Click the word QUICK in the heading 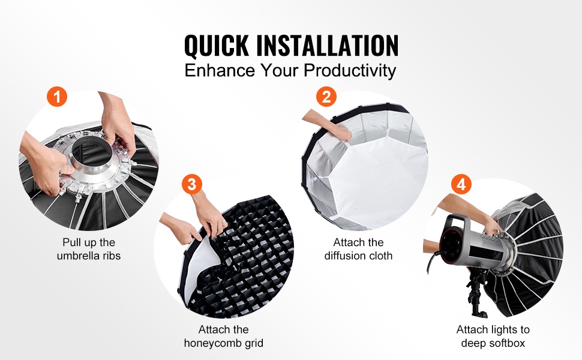(217, 46)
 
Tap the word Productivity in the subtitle (350, 71)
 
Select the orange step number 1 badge (57, 97)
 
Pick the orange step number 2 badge (326, 97)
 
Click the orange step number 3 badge (192, 184)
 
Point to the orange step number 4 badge (461, 184)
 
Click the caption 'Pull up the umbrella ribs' (89, 249)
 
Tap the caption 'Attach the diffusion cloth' (358, 249)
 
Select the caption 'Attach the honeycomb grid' (223, 336)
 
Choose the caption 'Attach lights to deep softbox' (493, 336)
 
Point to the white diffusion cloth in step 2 (379, 178)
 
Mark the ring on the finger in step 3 (224, 223)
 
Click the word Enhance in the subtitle (220, 70)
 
